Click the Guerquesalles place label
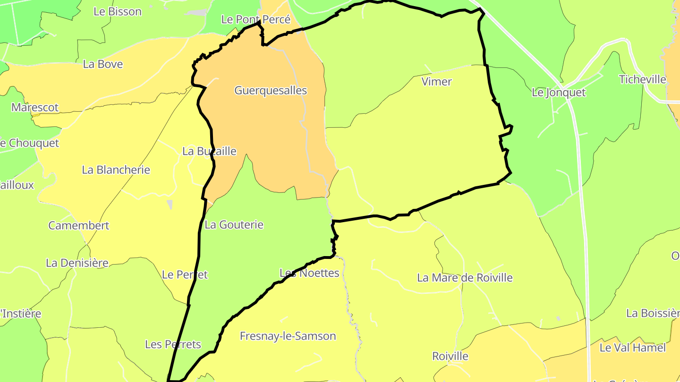(271, 91)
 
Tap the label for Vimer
(436, 82)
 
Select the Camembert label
(78, 225)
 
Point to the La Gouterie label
(234, 225)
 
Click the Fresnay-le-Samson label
(288, 336)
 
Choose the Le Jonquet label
(558, 92)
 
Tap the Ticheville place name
(642, 79)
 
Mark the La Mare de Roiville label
(465, 278)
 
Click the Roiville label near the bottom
(450, 356)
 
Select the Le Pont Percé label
(255, 20)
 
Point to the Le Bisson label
(118, 12)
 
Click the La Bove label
(103, 64)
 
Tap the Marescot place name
(35, 108)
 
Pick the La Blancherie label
(116, 170)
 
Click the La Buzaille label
(209, 151)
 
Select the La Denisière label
(77, 263)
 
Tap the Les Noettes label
(309, 273)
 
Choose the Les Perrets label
(173, 344)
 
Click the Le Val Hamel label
(632, 348)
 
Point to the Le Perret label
(185, 274)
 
